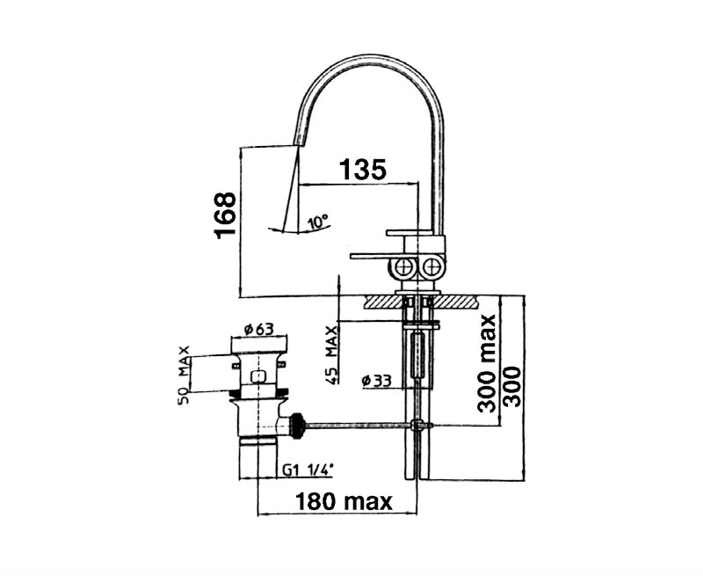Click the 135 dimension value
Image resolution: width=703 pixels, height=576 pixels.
[362, 169]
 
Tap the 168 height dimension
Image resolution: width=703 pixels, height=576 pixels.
[225, 215]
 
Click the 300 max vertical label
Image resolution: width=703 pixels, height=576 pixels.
[487, 363]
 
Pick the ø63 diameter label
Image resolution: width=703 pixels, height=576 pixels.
[258, 329]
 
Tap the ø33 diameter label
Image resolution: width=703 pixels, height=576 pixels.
[377, 381]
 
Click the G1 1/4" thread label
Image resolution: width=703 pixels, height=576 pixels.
[308, 470]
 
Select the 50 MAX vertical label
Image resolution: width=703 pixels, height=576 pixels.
[184, 375]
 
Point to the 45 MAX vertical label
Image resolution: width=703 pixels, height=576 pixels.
[332, 355]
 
